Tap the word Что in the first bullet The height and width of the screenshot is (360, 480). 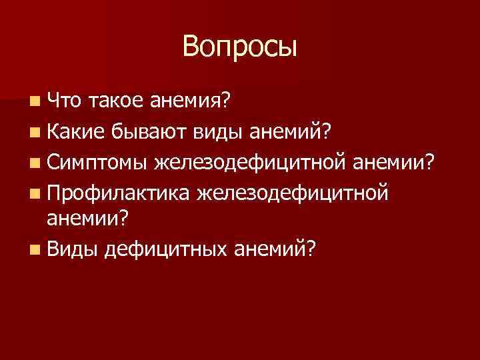(x=65, y=100)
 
